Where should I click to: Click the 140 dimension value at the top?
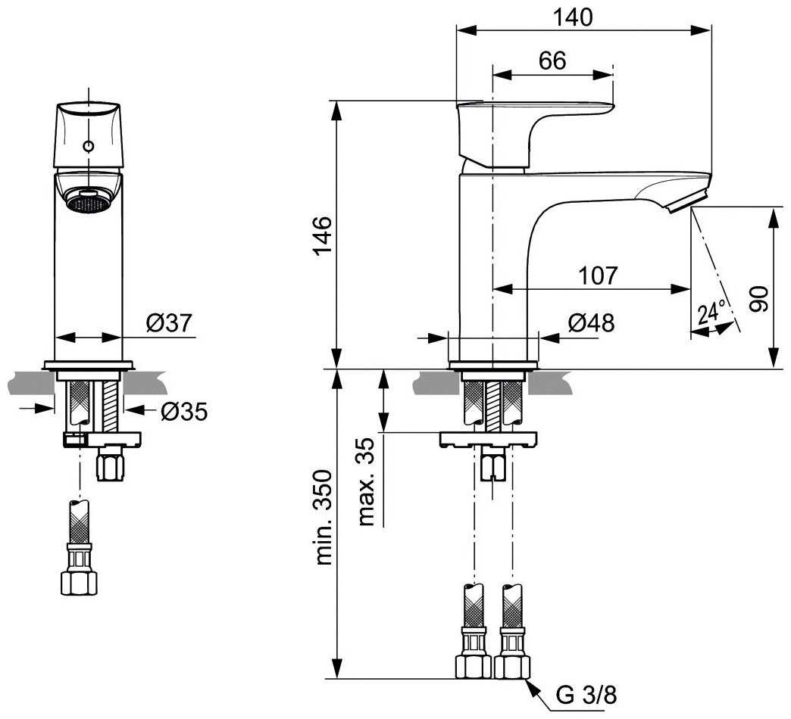coord(573,17)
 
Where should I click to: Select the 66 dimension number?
coord(552,61)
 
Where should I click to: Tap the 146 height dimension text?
coord(322,236)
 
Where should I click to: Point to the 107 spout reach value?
coord(598,275)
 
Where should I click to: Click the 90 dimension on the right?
coord(758,299)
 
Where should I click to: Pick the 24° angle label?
coord(711,313)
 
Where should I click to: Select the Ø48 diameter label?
coord(591,323)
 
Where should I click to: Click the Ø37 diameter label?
coord(170,323)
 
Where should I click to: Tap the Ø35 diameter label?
coord(184,412)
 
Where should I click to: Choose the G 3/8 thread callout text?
coord(586,696)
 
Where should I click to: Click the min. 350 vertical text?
coord(324,518)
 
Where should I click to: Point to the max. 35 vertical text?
coord(367,481)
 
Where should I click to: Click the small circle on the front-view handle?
coord(89,146)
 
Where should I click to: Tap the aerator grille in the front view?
coord(89,202)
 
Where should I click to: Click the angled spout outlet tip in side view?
coord(686,201)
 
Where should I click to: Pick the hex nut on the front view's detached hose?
coord(79,584)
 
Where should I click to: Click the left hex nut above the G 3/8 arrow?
coord(474,666)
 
